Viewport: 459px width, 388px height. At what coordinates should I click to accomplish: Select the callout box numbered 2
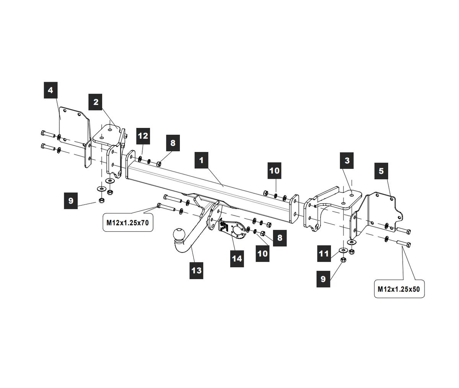[x=96, y=102]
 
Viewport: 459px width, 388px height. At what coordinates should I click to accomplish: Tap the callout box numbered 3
[x=347, y=160]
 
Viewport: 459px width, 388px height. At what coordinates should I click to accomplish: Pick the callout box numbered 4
[x=50, y=91]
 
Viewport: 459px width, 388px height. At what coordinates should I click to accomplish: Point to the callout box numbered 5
[x=381, y=171]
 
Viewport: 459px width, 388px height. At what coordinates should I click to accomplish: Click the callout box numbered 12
[x=143, y=136]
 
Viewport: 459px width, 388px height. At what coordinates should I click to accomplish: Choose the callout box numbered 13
[x=196, y=270]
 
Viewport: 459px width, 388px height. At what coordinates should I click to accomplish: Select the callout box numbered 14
[x=237, y=259]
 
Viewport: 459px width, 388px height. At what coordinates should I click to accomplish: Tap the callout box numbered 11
[x=324, y=254]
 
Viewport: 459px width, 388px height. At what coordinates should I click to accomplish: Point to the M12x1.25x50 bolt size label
[x=399, y=289]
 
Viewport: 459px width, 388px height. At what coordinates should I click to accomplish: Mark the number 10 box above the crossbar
[x=275, y=170]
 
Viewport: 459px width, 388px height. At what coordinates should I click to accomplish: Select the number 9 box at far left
[x=71, y=201]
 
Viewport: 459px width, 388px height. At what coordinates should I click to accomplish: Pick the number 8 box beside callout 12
[x=173, y=143]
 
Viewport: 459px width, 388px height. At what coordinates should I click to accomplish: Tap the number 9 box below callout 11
[x=323, y=279]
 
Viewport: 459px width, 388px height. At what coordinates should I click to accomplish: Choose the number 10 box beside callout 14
[x=262, y=253]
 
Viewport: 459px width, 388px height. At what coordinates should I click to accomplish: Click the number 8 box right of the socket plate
[x=280, y=238]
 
